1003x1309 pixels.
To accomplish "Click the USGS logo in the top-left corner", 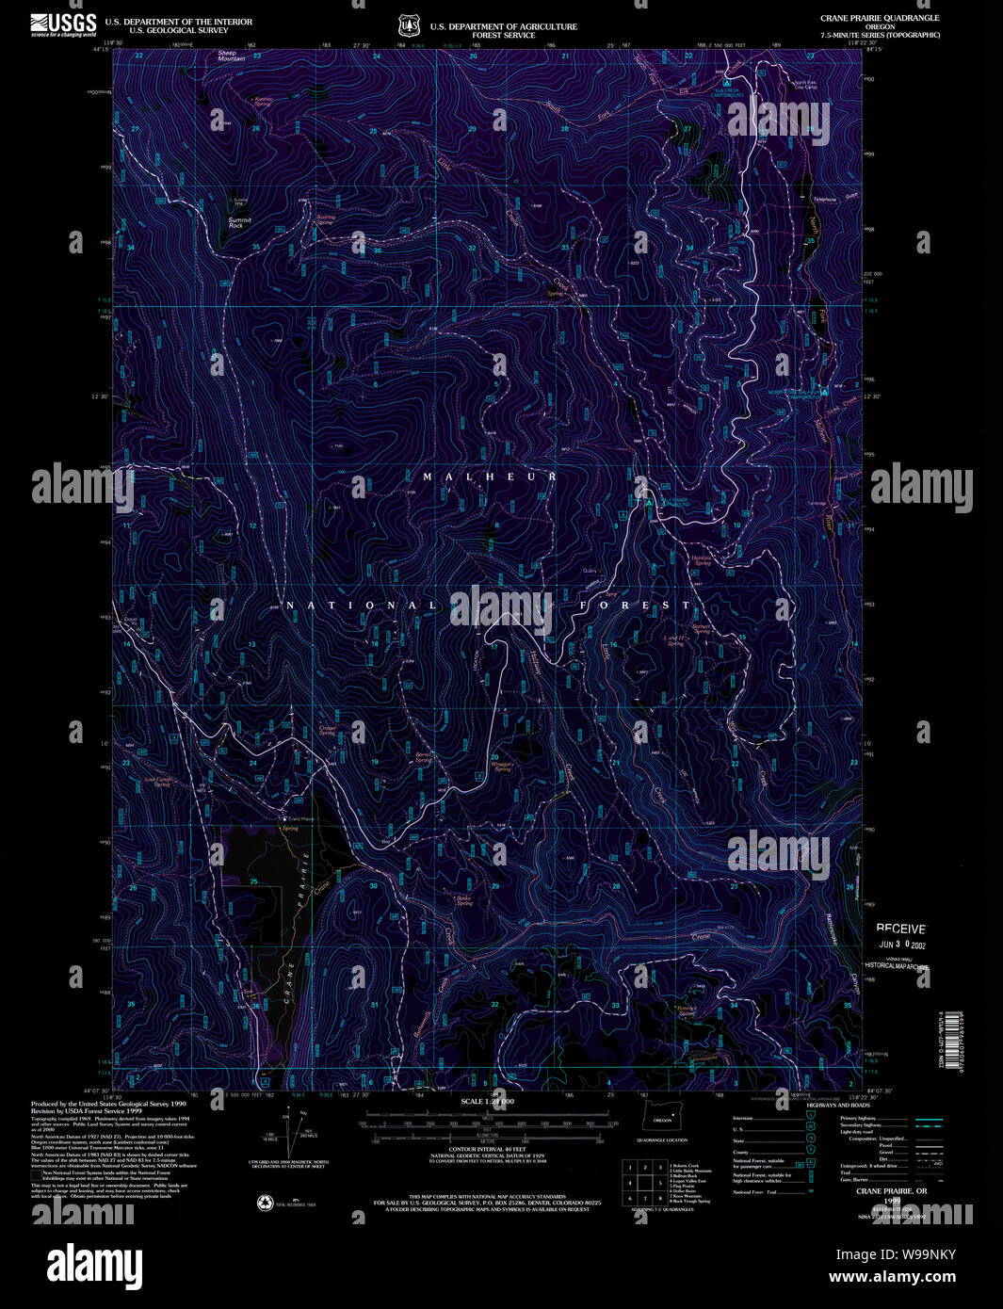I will pyautogui.click(x=63, y=24).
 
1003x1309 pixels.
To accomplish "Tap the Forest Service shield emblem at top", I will pyautogui.click(x=407, y=25).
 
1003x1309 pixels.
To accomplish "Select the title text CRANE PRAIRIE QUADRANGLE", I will pyautogui.click(x=879, y=18).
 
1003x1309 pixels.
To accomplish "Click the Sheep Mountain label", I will pyautogui.click(x=231, y=57).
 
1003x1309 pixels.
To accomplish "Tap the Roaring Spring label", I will pyautogui.click(x=325, y=219).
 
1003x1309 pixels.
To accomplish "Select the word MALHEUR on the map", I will pyautogui.click(x=489, y=477).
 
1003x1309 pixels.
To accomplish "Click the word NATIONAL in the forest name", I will pyautogui.click(x=362, y=606).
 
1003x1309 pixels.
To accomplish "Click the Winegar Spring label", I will pyautogui.click(x=501, y=766).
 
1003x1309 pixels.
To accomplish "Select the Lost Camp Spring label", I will pyautogui.click(x=157, y=782).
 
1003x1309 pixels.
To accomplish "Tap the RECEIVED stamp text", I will pyautogui.click(x=901, y=929).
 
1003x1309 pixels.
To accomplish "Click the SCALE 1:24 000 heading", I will pyautogui.click(x=487, y=1101).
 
